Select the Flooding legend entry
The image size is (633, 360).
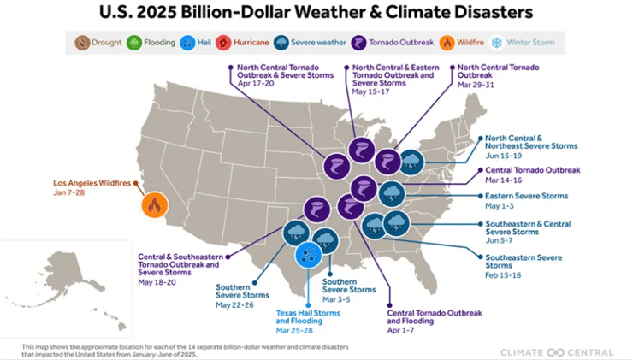click(151, 42)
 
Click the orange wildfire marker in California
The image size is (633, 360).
click(154, 204)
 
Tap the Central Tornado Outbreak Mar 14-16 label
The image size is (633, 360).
click(532, 170)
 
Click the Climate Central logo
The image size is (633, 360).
click(556, 351)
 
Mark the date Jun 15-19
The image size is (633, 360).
click(505, 156)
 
